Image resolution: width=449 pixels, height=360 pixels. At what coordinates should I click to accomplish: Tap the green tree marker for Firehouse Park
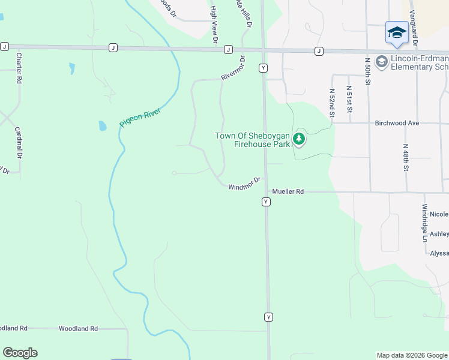tap(299, 140)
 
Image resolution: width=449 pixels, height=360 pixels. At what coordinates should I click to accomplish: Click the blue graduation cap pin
tap(397, 32)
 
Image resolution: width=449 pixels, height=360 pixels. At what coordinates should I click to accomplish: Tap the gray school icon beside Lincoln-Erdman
tap(381, 62)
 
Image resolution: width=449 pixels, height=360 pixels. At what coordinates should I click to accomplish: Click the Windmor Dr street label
tap(245, 184)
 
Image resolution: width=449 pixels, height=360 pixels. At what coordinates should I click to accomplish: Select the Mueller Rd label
tap(288, 191)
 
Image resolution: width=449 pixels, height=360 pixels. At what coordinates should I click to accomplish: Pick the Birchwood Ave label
tap(396, 122)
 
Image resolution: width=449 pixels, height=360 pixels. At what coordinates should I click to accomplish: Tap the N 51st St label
tap(349, 99)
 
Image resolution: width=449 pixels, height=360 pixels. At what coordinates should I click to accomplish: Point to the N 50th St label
tap(367, 71)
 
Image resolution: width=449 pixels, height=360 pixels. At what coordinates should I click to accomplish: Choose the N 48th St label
tap(406, 158)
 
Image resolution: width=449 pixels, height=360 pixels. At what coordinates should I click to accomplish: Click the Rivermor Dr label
tap(234, 67)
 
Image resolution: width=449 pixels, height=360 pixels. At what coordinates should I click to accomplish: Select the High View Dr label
tap(214, 25)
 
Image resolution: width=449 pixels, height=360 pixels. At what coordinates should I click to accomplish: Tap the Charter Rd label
tap(19, 68)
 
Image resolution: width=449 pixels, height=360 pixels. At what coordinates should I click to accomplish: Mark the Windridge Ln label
tap(424, 223)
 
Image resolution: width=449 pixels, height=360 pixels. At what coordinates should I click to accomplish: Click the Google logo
tap(20, 353)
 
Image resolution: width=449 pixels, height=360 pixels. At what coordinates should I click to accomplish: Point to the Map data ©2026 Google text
tap(412, 355)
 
